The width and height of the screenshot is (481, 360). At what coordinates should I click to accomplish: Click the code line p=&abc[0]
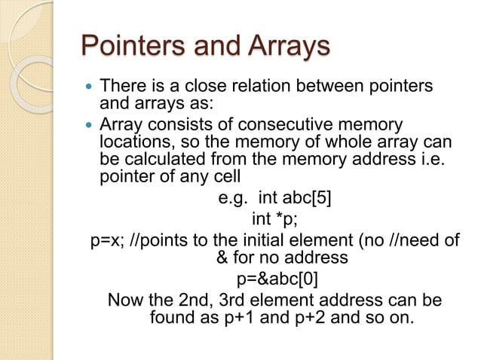point(277,279)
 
